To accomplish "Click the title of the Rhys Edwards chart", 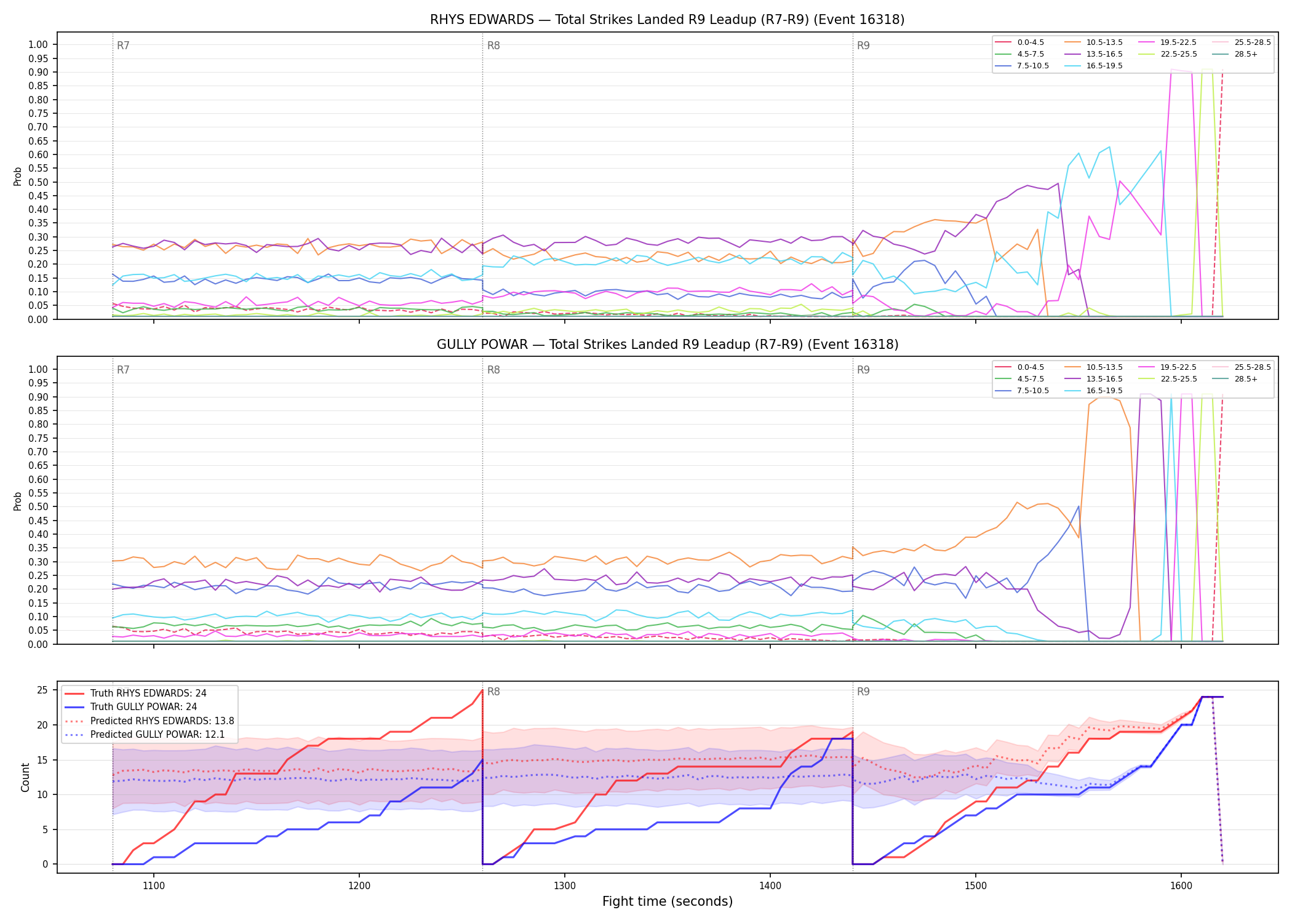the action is tap(667, 20).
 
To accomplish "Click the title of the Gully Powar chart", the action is tap(668, 345).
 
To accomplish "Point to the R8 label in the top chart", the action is tap(493, 46).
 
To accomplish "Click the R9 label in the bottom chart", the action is tap(863, 692).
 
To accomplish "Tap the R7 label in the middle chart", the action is tap(123, 370).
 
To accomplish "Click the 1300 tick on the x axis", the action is tap(564, 885).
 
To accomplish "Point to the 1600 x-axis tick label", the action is tap(1181, 885).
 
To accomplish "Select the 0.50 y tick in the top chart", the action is tap(38, 182).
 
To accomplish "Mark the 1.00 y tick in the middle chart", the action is tap(38, 369).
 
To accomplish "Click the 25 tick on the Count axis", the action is tap(42, 690).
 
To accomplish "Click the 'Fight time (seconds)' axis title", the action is tap(668, 901).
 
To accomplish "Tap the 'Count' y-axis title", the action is tap(25, 777).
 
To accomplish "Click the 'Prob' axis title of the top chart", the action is tap(18, 176).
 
